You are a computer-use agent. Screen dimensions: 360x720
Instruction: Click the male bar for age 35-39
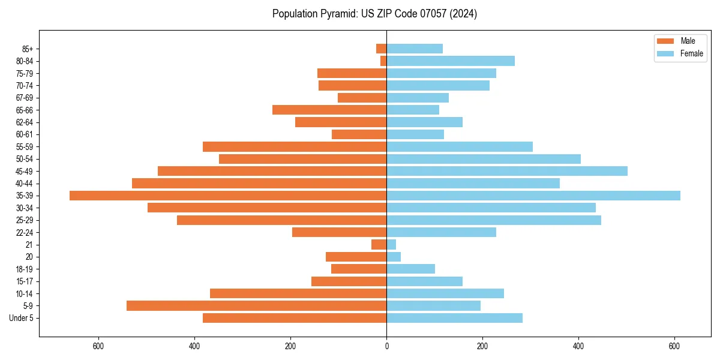click(228, 196)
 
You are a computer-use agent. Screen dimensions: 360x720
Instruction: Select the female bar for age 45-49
click(507, 171)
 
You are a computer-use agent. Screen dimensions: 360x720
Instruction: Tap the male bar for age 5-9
click(256, 305)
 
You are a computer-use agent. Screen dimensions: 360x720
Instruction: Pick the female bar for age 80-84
click(451, 61)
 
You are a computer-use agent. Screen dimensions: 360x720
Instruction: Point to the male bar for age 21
click(379, 244)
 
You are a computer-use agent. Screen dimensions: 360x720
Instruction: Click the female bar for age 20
click(394, 257)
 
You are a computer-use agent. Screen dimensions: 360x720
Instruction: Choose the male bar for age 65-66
click(329, 110)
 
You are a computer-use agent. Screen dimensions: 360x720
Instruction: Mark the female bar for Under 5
click(454, 318)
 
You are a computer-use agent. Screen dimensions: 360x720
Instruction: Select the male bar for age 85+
click(382, 49)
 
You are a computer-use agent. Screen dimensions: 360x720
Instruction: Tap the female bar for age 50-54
click(484, 159)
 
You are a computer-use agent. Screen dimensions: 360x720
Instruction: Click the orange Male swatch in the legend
click(665, 41)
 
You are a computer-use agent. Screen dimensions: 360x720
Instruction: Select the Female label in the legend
click(691, 53)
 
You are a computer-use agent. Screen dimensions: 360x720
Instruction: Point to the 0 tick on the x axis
click(386, 347)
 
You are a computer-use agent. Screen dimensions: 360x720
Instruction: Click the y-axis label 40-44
click(25, 184)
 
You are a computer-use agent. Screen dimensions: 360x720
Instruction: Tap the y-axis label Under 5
click(22, 318)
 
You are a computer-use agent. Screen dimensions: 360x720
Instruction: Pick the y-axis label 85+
click(28, 49)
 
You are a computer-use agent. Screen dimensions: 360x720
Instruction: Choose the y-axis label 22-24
click(25, 232)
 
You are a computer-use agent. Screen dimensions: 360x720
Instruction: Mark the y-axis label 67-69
click(25, 98)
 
